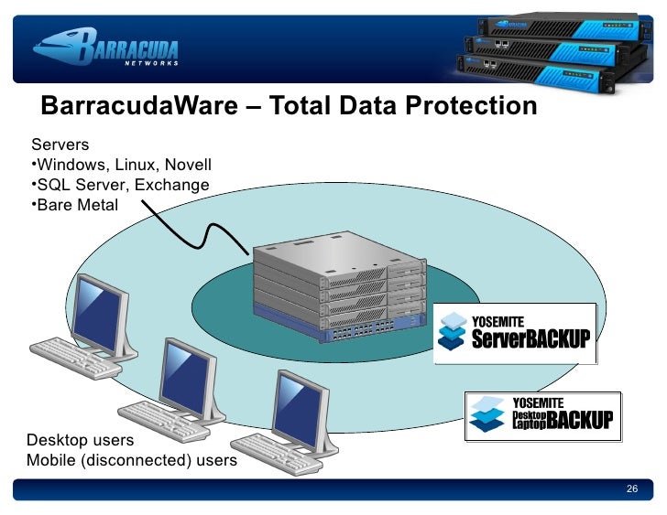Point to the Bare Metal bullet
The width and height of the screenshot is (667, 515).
tap(75, 204)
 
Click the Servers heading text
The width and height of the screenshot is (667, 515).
tap(61, 145)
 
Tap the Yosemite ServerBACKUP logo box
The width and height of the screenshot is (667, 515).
tap(514, 334)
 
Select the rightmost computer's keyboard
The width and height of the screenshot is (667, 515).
tap(290, 462)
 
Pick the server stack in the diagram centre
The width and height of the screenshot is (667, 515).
tap(339, 288)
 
